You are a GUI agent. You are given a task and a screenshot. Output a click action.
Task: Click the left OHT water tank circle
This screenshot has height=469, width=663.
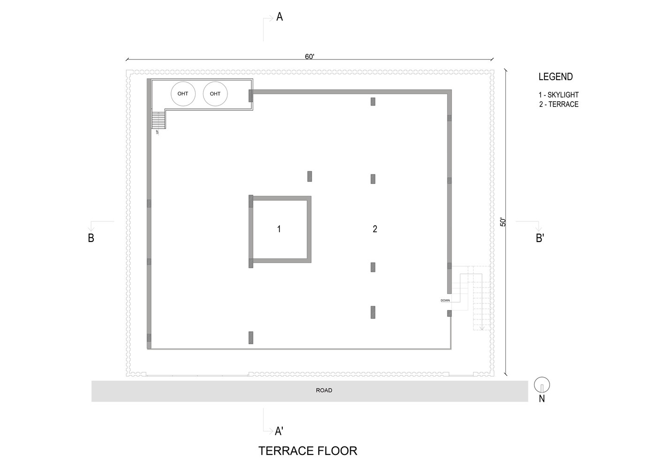[x=183, y=94]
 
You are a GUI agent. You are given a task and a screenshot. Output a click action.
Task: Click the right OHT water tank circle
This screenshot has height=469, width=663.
[x=215, y=94]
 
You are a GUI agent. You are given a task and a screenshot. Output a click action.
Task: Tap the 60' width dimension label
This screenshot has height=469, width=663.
[x=309, y=57]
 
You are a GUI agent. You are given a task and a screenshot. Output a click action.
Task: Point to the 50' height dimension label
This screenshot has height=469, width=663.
[x=503, y=222]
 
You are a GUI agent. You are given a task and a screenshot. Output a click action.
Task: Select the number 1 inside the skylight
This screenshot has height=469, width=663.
[x=279, y=229]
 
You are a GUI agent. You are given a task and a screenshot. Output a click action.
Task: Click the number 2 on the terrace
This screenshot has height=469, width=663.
[x=375, y=229]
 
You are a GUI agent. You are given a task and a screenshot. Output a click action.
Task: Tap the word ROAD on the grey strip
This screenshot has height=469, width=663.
[x=324, y=390]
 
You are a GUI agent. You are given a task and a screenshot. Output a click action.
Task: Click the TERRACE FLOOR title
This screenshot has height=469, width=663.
[x=308, y=451]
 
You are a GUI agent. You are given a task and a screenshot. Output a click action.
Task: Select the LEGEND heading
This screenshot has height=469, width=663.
[x=556, y=77]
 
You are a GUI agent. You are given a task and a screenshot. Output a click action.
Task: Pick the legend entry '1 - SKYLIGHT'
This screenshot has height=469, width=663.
[x=558, y=95]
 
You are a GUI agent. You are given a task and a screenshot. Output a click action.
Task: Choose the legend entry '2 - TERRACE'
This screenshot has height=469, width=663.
[x=558, y=105]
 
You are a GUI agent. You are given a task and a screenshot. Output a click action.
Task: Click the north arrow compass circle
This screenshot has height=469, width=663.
[x=542, y=385]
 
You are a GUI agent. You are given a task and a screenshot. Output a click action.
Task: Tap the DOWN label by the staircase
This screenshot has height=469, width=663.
[x=445, y=300]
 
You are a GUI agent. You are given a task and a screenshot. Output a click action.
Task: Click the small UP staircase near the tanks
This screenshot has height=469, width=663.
[x=158, y=120]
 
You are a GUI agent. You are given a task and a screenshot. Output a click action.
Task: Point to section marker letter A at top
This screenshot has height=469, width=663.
[x=279, y=17]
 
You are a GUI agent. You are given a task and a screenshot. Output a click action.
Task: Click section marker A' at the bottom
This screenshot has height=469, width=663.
[x=279, y=431]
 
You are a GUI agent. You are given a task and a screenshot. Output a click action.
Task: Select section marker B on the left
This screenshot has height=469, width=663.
[x=91, y=238]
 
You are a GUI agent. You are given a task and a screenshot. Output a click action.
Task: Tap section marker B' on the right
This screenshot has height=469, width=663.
[x=540, y=238]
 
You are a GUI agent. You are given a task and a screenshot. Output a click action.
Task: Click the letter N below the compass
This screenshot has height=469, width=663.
[x=542, y=399]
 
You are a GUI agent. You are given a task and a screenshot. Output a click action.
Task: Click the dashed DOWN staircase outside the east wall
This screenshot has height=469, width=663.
[x=474, y=295]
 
